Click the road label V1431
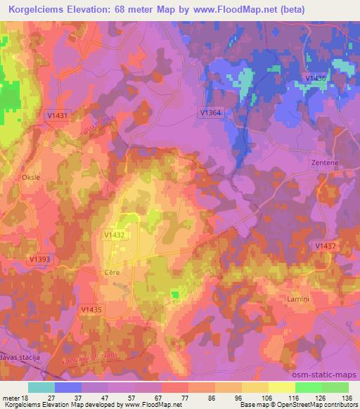click(56, 115)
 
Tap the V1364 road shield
click(210, 112)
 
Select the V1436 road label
click(316, 78)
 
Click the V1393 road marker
click(39, 259)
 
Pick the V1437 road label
click(324, 245)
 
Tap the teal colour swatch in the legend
click(41, 387)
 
